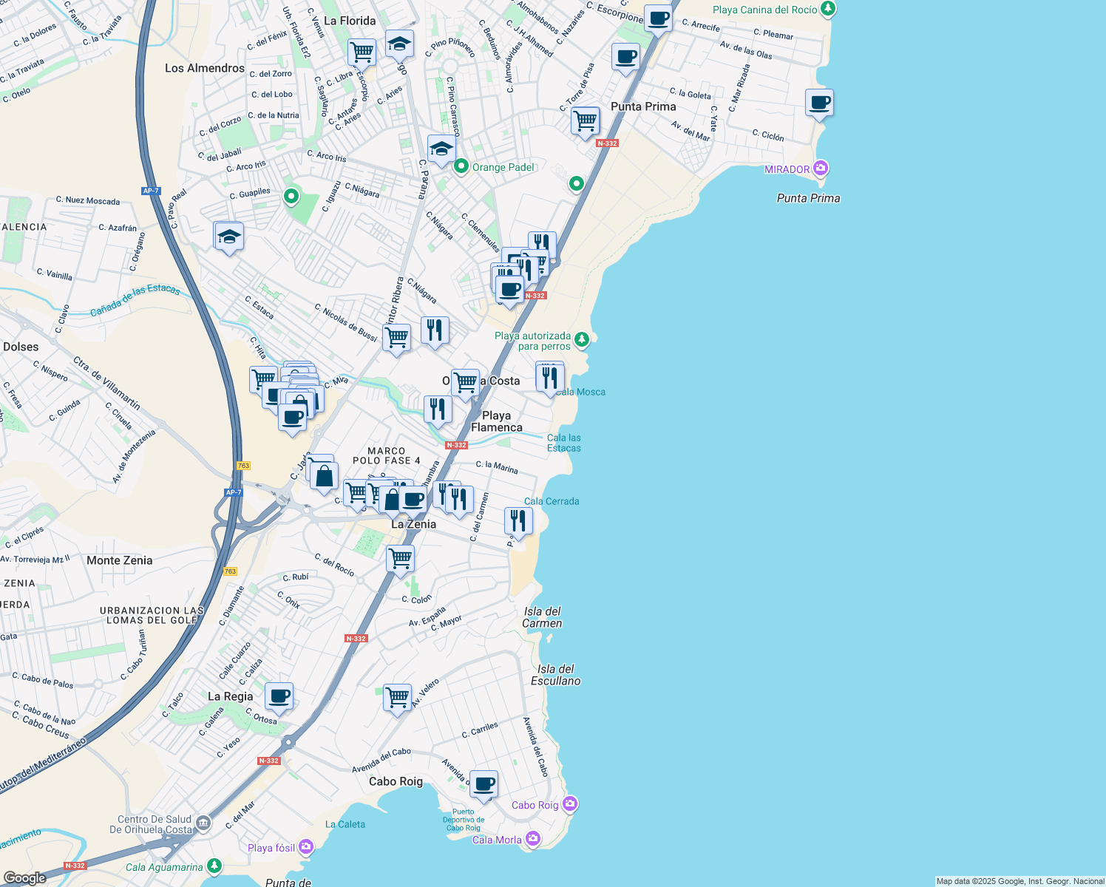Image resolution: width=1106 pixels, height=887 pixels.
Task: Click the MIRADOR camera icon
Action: pos(820,169)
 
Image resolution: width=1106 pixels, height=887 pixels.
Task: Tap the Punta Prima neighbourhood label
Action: pos(643,106)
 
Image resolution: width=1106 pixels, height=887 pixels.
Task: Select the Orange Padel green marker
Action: pos(461,166)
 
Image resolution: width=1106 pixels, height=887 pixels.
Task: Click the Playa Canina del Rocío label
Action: pos(764,10)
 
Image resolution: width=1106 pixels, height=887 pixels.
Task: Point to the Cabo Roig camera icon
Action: pos(569,803)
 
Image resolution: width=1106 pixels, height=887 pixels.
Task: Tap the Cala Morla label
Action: pos(497,840)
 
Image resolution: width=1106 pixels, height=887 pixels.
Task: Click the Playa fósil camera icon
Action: pos(306,846)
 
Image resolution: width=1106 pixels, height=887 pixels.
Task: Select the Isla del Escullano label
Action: pos(555,675)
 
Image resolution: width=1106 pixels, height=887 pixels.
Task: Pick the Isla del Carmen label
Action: pos(543,617)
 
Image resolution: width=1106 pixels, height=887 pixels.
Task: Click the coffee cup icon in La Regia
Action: pos(279,696)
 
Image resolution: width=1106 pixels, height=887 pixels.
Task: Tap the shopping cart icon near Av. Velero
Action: pos(397,697)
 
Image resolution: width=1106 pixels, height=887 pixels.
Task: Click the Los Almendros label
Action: pos(205,68)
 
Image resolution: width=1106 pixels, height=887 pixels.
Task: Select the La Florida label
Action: pos(350,21)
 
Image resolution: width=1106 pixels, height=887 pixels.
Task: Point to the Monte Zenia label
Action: pos(120,560)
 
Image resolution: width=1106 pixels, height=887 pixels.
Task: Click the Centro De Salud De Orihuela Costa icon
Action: pos(204,823)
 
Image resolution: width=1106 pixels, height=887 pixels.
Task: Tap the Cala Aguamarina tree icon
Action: pos(214,866)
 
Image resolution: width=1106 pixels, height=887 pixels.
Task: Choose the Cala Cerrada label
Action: pos(552,501)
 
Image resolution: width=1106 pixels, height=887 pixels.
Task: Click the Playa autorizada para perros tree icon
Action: pos(583,339)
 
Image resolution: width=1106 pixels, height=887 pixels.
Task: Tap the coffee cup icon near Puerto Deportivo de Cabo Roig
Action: pos(484,784)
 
